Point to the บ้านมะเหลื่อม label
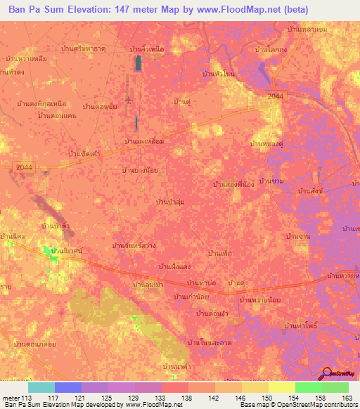144,141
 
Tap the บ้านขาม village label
271,181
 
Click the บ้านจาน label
299,237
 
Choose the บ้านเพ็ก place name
220,252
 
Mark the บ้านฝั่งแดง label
175,266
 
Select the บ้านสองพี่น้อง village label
232,184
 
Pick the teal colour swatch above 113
41,387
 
